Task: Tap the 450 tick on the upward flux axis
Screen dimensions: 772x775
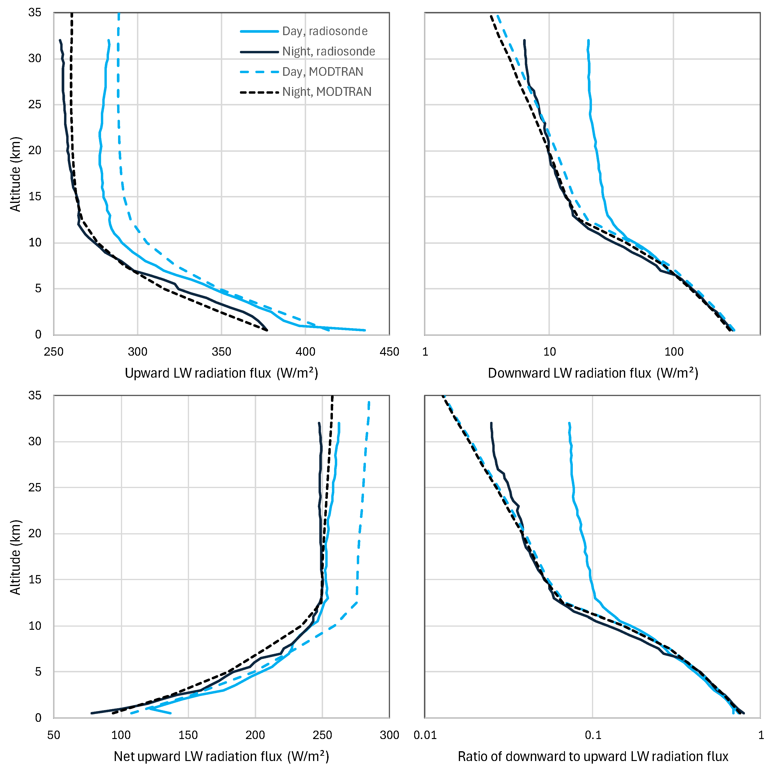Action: click(389, 352)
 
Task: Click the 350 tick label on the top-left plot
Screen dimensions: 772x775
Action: click(222, 352)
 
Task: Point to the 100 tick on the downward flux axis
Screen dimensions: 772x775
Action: click(673, 352)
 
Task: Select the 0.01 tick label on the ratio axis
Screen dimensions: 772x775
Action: click(425, 735)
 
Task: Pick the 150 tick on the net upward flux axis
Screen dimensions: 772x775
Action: click(188, 735)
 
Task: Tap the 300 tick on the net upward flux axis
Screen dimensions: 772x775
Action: click(389, 735)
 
